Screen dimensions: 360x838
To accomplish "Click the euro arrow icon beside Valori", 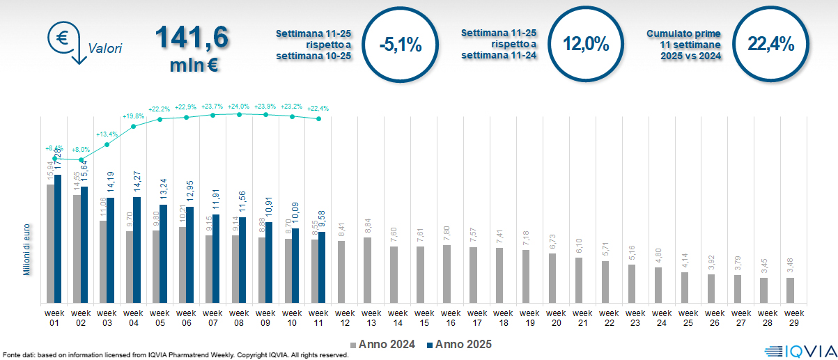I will pos(65,42).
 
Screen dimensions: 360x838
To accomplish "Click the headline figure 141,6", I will pos(193,38).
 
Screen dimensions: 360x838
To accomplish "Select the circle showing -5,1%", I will pos(401,45).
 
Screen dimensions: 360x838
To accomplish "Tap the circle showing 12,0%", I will pos(586,45).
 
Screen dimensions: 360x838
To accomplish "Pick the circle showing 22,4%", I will pos(771,45).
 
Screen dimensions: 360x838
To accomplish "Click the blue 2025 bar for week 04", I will pos(137,250).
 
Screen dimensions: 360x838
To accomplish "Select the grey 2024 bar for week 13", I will pos(368,270).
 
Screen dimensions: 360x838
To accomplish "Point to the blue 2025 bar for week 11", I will pos(323,267).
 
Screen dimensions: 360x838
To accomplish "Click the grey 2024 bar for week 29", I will pos(790,290).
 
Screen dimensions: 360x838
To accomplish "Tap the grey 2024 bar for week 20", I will pos(552,278).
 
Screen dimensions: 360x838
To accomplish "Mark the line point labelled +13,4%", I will pos(107,145).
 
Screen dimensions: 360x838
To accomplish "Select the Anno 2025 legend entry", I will pos(459,345).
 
